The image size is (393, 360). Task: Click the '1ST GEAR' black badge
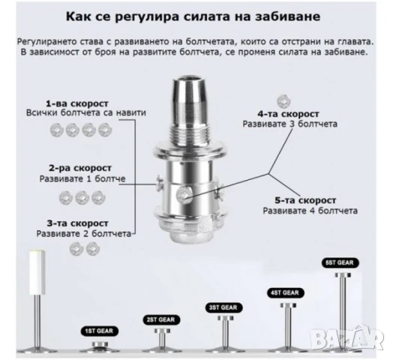99,331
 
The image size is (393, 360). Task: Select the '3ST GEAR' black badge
223,307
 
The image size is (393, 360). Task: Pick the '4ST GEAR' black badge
285,292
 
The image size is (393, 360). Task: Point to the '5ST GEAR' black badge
340,262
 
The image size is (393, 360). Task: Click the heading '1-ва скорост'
77,103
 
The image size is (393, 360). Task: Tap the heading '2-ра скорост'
80,168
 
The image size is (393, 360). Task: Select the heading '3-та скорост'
78,223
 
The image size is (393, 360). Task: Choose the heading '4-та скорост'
289,114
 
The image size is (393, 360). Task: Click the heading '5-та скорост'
305,200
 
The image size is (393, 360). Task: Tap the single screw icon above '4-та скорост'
283,101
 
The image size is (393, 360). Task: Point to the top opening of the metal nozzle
189,80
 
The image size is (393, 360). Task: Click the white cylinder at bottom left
37,272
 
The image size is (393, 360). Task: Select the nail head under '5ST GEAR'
343,274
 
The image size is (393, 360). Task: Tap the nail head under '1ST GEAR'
100,344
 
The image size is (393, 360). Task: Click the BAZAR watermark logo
346,338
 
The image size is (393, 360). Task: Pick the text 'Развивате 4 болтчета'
310,211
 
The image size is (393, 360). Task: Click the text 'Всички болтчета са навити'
86,112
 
